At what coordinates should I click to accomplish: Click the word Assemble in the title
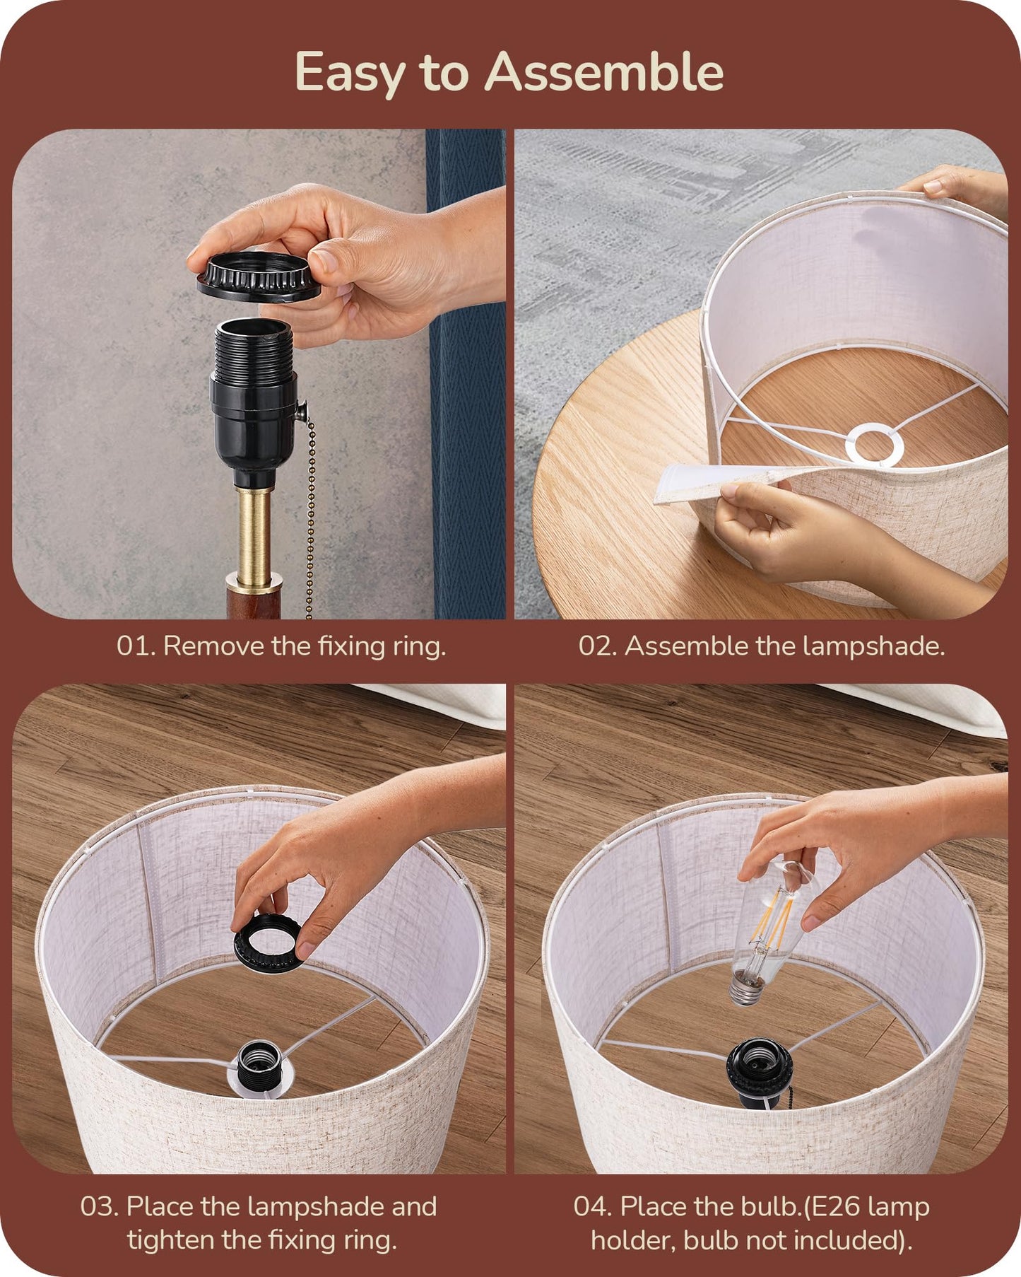[x=604, y=72]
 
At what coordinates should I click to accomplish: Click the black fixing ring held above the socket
[x=259, y=276]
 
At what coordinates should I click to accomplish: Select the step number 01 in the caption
[x=134, y=646]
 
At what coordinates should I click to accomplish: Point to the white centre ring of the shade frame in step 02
[x=875, y=445]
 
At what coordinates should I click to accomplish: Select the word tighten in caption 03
[x=171, y=1240]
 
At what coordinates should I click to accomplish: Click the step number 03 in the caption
[x=99, y=1206]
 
